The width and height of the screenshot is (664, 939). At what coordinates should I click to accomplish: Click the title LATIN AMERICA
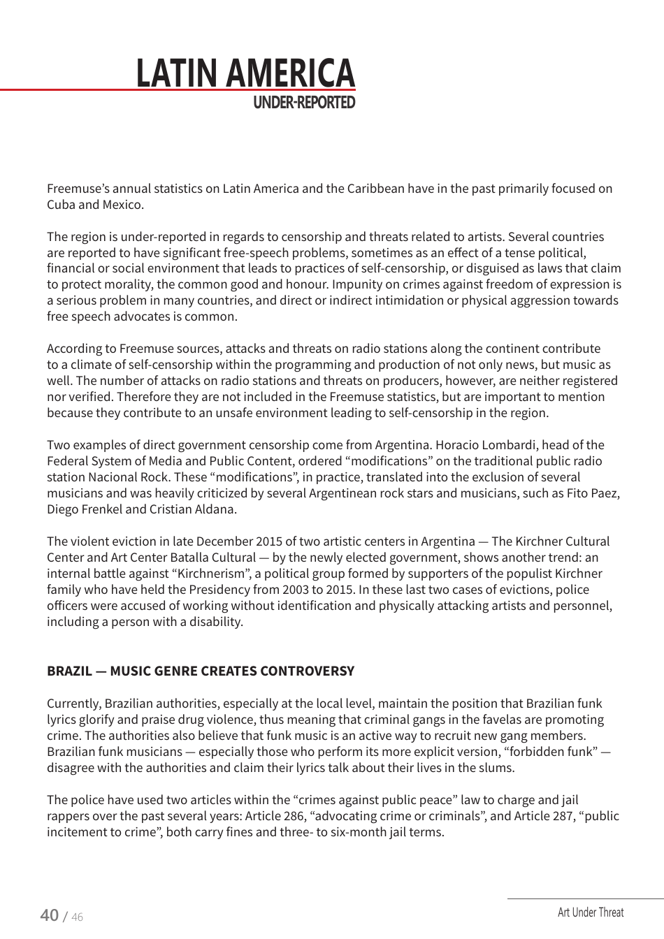pyautogui.click(x=245, y=73)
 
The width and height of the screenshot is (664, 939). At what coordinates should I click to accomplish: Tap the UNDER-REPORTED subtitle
pyautogui.click(x=303, y=103)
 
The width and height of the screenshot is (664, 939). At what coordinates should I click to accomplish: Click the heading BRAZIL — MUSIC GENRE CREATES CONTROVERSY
pyautogui.click(x=201, y=671)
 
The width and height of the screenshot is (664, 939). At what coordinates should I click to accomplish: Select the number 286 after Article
pyautogui.click(x=294, y=816)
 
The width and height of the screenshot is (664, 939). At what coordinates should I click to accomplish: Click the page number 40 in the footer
pyautogui.click(x=49, y=915)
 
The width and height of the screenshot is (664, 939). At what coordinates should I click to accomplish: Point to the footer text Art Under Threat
pyautogui.click(x=591, y=912)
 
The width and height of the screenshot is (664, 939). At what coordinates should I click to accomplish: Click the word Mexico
pyautogui.click(x=123, y=205)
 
